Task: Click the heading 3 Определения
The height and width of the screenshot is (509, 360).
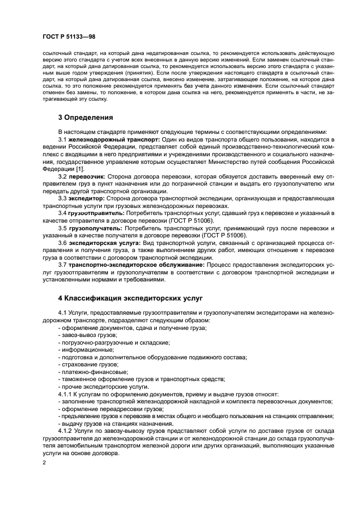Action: coord(85,116)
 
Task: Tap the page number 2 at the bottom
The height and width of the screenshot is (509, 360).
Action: coord(44,463)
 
